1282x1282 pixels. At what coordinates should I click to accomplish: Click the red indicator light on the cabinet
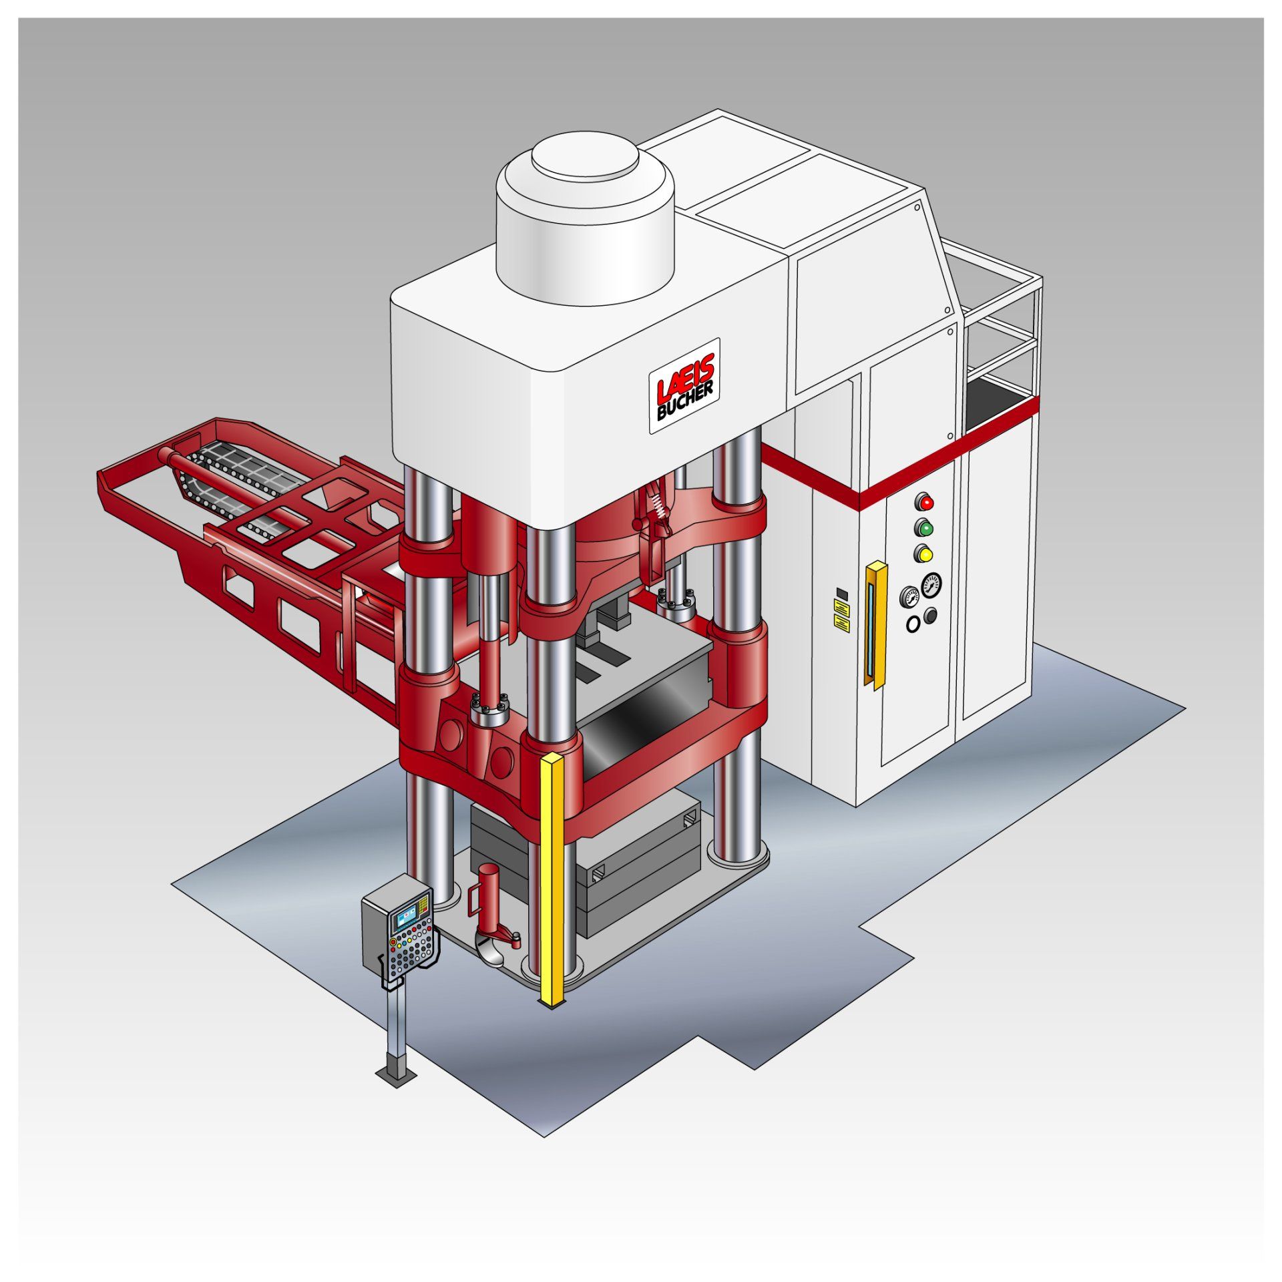(925, 501)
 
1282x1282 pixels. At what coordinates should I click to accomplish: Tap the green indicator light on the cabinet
(925, 528)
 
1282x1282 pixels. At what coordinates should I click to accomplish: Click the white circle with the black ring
(913, 624)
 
